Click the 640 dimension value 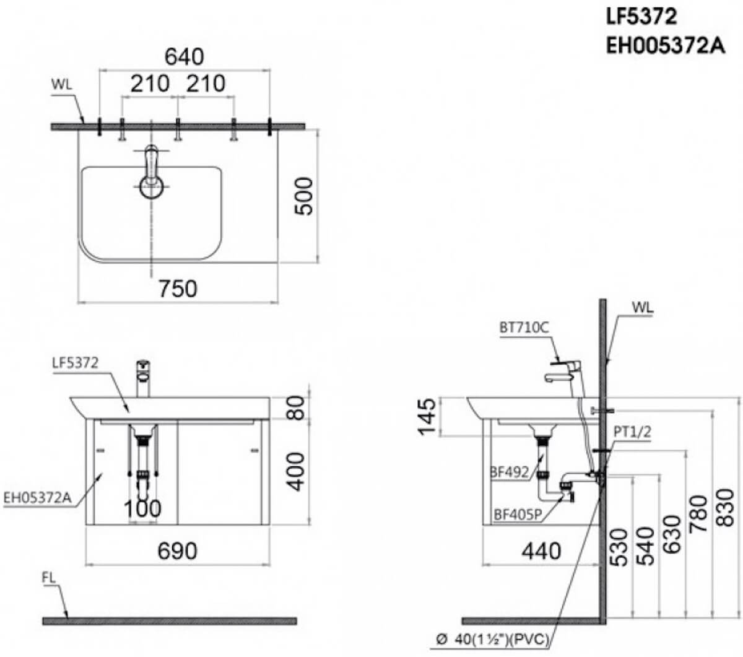184,57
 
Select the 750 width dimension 178,289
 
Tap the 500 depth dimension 304,196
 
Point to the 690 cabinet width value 178,551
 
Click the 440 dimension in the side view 541,551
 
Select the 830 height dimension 726,508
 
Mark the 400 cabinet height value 295,472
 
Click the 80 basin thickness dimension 295,407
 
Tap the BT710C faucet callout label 524,328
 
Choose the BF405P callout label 518,515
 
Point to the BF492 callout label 510,472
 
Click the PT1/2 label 632,432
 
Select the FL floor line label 48,578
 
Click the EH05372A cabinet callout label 37,498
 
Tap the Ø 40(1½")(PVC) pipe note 493,640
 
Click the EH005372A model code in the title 665,46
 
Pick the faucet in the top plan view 151,172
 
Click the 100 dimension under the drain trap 142,508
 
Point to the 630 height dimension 672,534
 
